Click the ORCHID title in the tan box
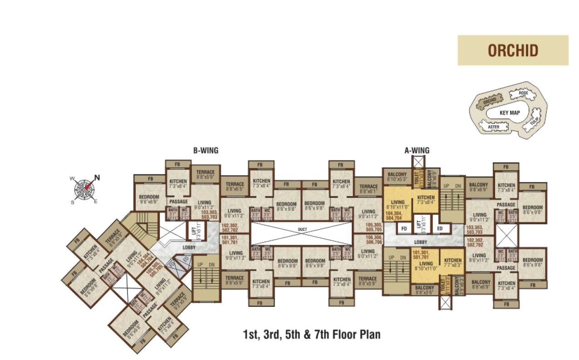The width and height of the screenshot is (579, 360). click(513, 50)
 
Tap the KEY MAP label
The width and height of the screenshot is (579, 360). click(510, 112)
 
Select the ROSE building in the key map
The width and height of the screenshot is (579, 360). click(523, 93)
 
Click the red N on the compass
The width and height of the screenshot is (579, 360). click(96, 178)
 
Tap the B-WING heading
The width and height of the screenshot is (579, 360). click(206, 151)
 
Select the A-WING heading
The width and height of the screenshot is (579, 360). click(417, 151)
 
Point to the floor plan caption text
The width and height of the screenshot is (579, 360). click(312, 335)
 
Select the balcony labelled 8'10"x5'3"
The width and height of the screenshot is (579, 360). click(397, 177)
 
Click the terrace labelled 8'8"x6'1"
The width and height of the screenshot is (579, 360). click(368, 189)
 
